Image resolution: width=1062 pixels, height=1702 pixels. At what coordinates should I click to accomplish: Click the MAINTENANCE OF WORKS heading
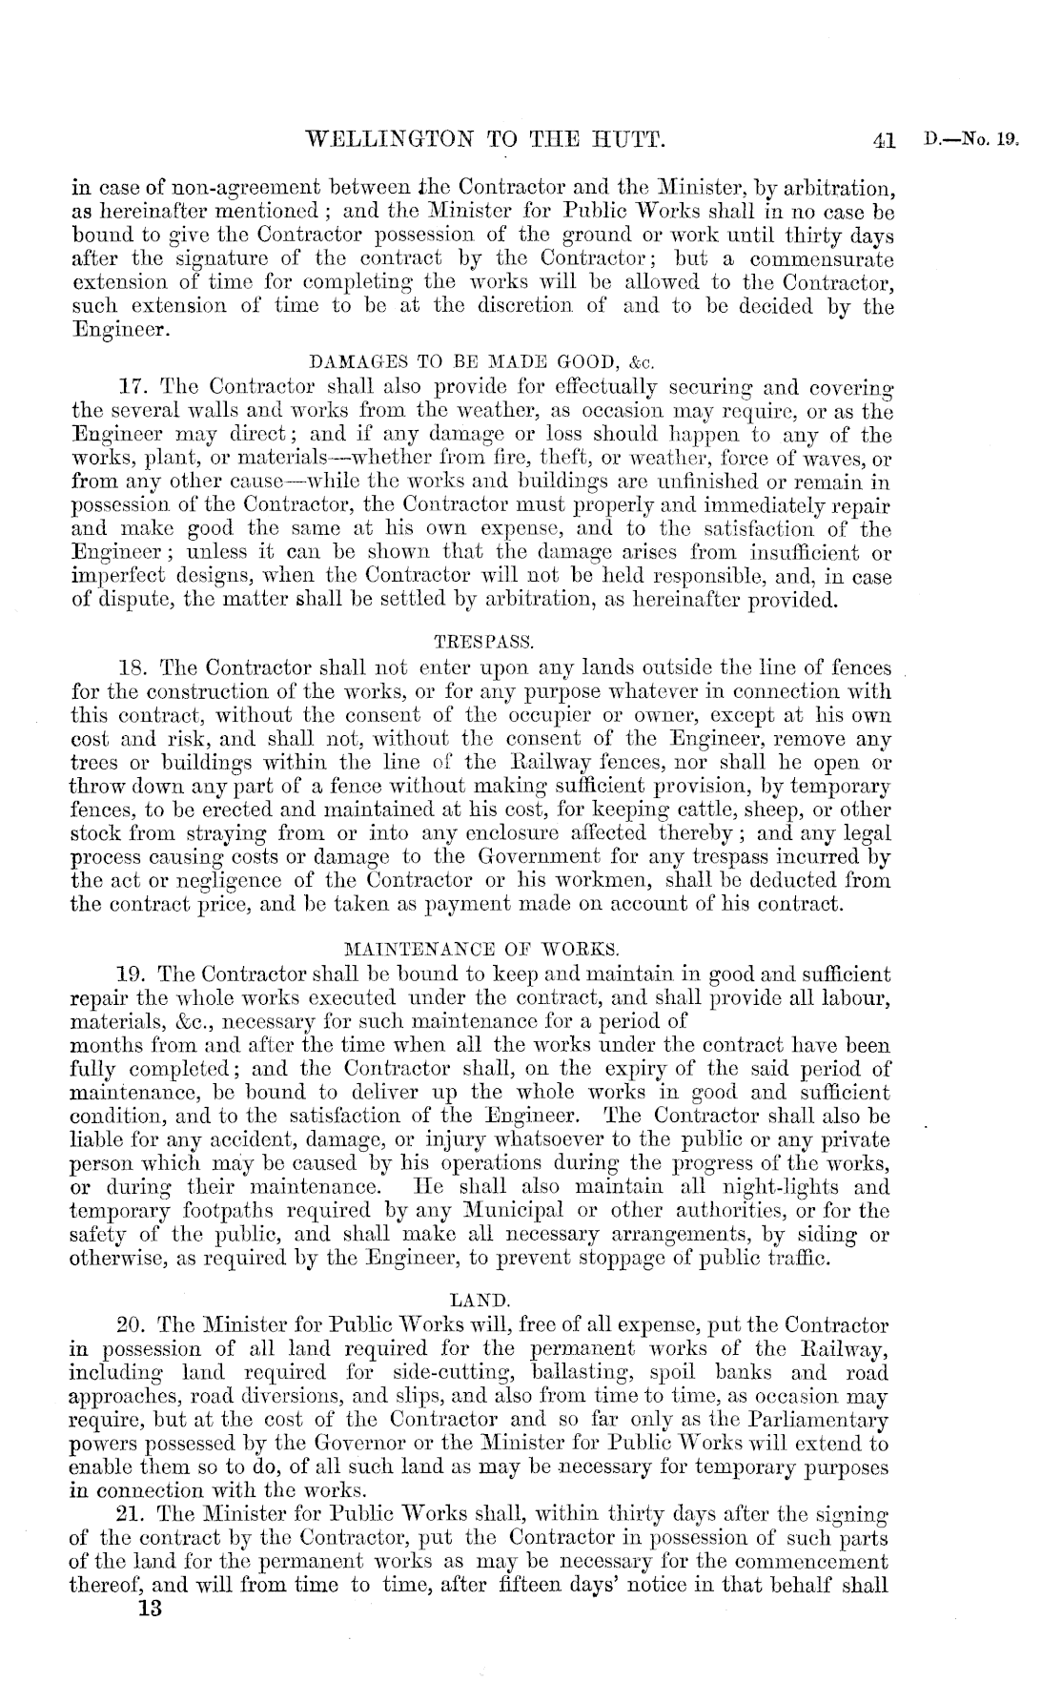(482, 949)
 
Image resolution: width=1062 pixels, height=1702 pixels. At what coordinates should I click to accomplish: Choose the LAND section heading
(482, 1299)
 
